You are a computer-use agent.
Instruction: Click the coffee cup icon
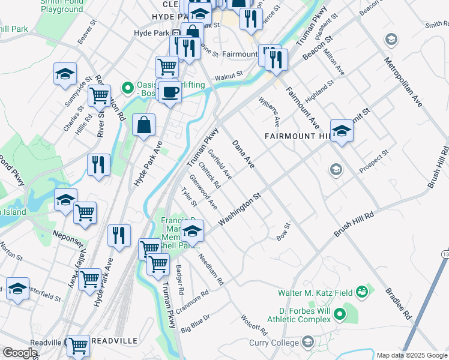coord(170,92)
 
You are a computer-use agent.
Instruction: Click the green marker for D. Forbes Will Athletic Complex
coord(339,314)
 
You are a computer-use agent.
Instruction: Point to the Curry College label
coord(274,343)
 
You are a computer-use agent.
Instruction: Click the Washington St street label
coord(241,209)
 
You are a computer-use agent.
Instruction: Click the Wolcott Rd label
coord(253,325)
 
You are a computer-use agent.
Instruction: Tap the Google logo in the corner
coord(20,352)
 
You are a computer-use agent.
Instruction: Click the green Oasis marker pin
coord(127,88)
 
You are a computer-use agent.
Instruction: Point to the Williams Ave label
coord(270,112)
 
